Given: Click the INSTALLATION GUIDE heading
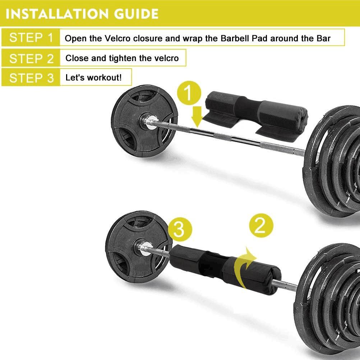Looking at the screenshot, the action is (x=82, y=14).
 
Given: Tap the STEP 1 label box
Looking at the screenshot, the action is (x=31, y=37).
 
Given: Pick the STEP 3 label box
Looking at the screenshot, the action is (x=31, y=78).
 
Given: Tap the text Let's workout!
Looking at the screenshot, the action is (x=93, y=78).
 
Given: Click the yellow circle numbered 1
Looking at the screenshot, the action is (x=189, y=93).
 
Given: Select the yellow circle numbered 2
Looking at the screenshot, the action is (x=261, y=226).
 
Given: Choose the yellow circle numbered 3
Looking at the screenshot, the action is (x=180, y=229).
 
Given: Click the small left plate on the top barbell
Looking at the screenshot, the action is (x=144, y=121).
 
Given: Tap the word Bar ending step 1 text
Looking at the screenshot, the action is (x=323, y=38).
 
